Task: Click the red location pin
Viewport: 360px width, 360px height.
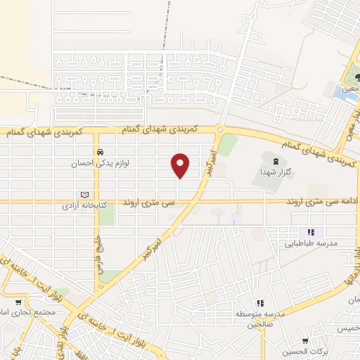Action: (181, 166)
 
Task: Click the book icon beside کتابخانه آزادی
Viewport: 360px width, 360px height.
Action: (86, 195)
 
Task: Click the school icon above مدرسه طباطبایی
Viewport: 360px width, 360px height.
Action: (309, 233)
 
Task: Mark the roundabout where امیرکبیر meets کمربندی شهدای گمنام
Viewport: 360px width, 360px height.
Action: (220, 129)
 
